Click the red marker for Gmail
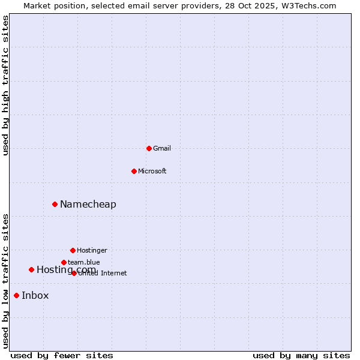click(149, 148)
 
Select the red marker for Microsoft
click(134, 171)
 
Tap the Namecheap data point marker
click(55, 204)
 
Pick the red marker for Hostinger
click(73, 250)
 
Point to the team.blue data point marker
click(64, 262)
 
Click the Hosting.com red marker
click(31, 269)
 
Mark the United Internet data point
click(74, 273)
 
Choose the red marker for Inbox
click(16, 295)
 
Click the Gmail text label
click(162, 148)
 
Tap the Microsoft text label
click(152, 171)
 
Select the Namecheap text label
click(88, 204)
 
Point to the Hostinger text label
click(92, 250)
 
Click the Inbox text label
click(35, 295)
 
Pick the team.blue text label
click(84, 262)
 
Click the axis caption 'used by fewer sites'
click(62, 355)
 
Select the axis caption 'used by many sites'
click(301, 355)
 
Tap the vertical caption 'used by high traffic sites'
click(6, 85)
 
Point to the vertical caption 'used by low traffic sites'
click(6, 281)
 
